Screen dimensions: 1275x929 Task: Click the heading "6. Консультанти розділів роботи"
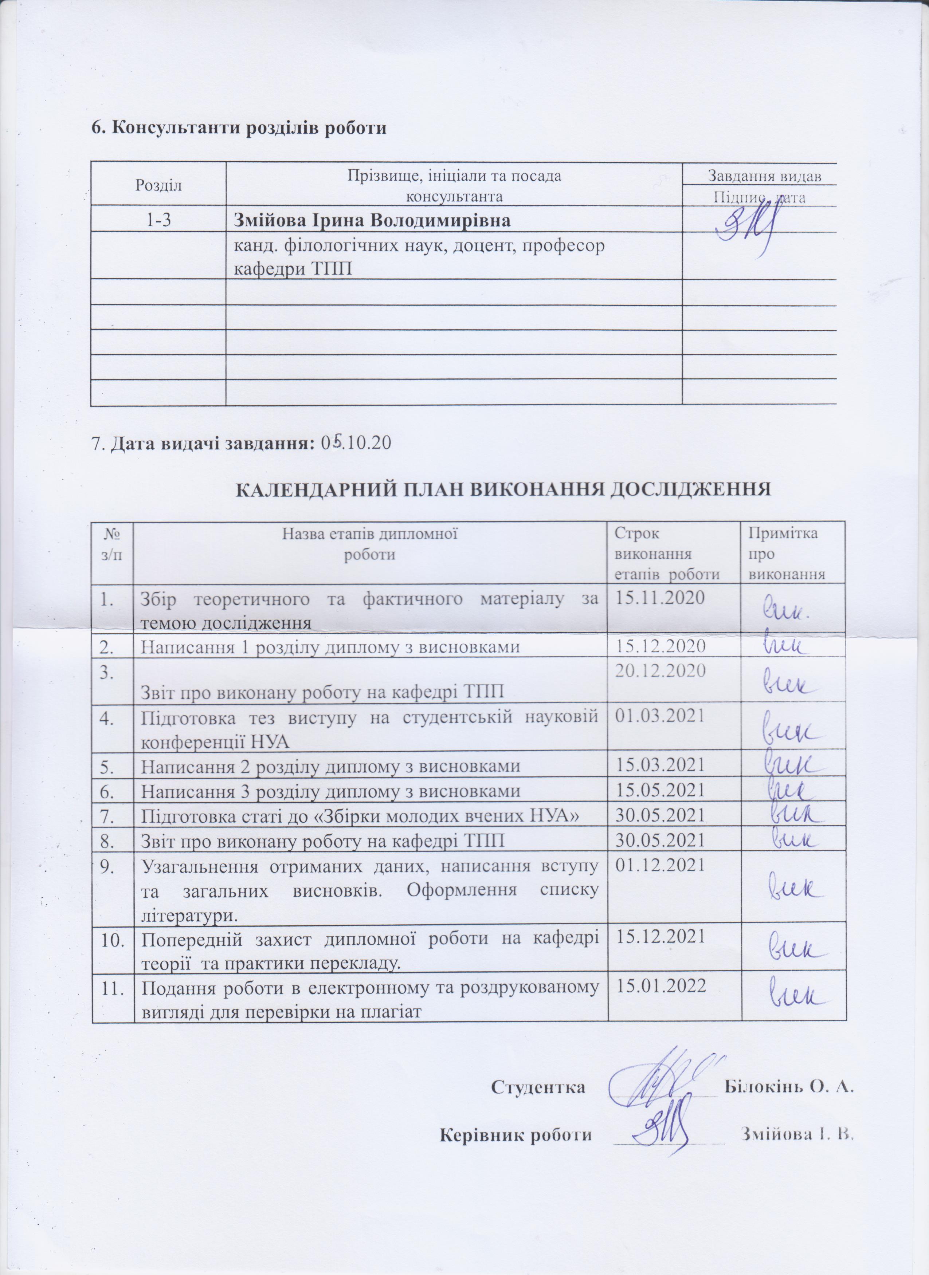coord(239,127)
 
